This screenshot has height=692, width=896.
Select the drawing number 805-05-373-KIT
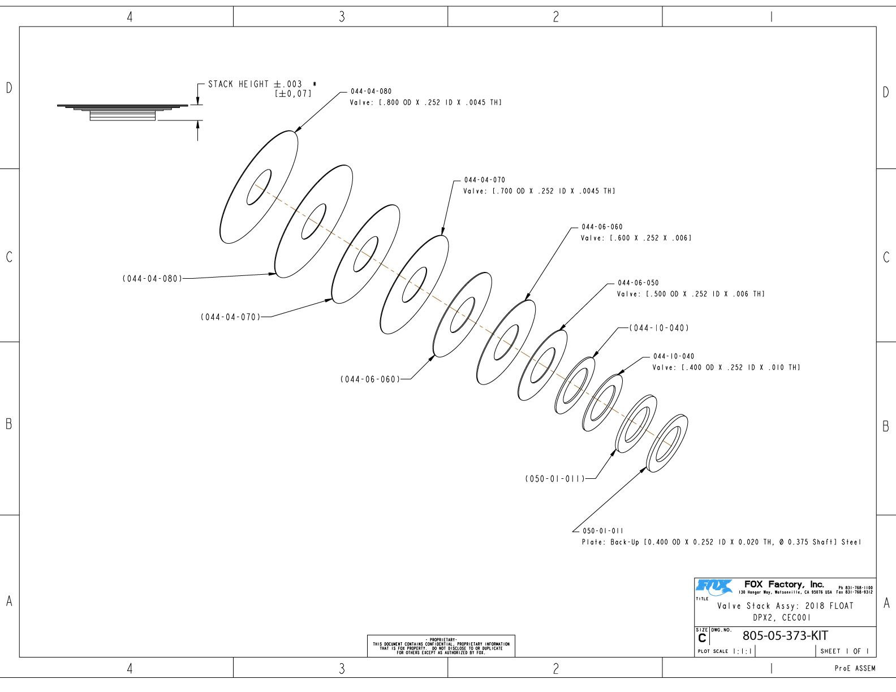coord(785,635)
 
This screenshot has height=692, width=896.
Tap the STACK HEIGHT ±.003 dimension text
coord(255,84)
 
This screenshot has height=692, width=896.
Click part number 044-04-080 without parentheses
coord(371,92)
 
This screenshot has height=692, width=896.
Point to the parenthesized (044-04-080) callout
coord(152,279)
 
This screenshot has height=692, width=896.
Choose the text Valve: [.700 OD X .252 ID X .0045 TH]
coord(539,191)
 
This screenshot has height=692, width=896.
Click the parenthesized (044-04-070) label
coord(230,317)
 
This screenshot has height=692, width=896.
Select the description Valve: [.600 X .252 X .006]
coord(636,238)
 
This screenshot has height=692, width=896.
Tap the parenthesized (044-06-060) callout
coord(370,379)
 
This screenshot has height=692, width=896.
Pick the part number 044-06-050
coord(638,283)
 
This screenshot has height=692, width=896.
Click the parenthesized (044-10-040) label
coord(659,328)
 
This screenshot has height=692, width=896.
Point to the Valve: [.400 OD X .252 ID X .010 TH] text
coord(726,367)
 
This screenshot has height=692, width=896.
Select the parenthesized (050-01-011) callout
coord(554,479)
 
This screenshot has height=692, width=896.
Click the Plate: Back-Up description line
coord(722,542)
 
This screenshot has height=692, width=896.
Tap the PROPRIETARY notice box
coord(441,646)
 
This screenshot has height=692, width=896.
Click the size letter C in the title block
coord(702,638)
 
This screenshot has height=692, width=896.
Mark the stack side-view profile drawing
coord(122,113)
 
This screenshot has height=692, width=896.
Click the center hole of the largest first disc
coord(259,187)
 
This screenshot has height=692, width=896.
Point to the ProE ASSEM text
coord(855,668)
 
